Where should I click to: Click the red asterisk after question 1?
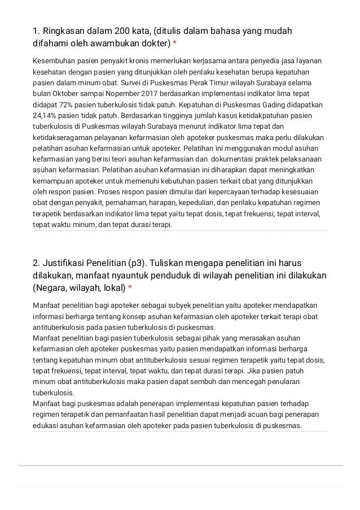pyautogui.click(x=175, y=43)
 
